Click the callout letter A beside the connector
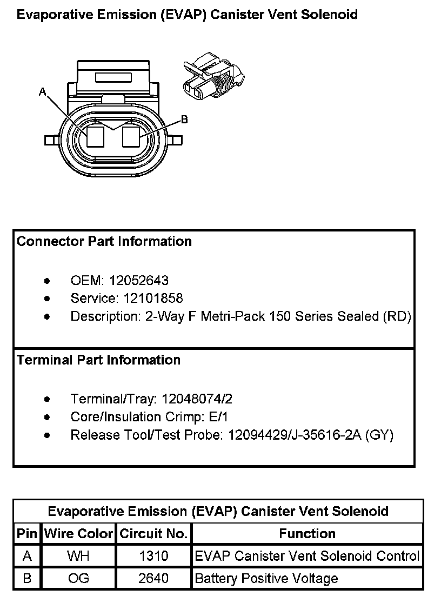43,92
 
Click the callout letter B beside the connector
184,120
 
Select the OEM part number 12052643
139,281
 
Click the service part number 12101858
153,299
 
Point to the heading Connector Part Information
104,241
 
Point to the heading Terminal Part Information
99,360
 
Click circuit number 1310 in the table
153,556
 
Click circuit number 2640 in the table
153,579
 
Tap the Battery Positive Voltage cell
266,579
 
